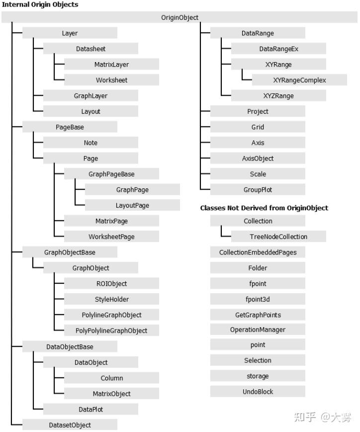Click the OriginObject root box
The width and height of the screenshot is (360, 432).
pyautogui.click(x=180, y=17)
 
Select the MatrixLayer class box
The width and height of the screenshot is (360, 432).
pyautogui.click(x=112, y=64)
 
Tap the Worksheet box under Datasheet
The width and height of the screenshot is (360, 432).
pyautogui.click(x=112, y=80)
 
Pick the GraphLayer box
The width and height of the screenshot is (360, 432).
pyautogui.click(x=90, y=95)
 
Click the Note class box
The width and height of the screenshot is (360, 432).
pyautogui.click(x=90, y=143)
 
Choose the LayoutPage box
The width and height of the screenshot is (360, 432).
pyautogui.click(x=133, y=205)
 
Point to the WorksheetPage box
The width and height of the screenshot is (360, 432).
pyautogui.click(x=112, y=237)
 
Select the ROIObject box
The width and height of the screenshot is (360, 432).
pyautogui.click(x=112, y=283)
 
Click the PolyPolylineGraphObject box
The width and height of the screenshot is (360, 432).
pyautogui.click(x=112, y=330)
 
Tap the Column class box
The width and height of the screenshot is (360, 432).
pyautogui.click(x=112, y=378)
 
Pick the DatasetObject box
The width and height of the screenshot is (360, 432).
pyautogui.click(x=70, y=425)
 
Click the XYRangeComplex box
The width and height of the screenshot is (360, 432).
pyautogui.click(x=300, y=80)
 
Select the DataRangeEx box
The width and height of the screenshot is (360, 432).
pyautogui.click(x=278, y=49)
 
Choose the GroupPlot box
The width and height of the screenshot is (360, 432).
pyautogui.click(x=258, y=189)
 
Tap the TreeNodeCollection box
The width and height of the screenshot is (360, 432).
pyautogui.click(x=278, y=237)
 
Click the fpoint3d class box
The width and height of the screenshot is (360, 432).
pyautogui.click(x=258, y=299)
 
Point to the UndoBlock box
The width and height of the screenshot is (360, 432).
pyautogui.click(x=258, y=392)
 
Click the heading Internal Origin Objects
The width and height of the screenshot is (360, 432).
pyautogui.click(x=40, y=4)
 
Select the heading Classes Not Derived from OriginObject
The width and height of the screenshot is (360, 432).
pyautogui.click(x=264, y=208)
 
